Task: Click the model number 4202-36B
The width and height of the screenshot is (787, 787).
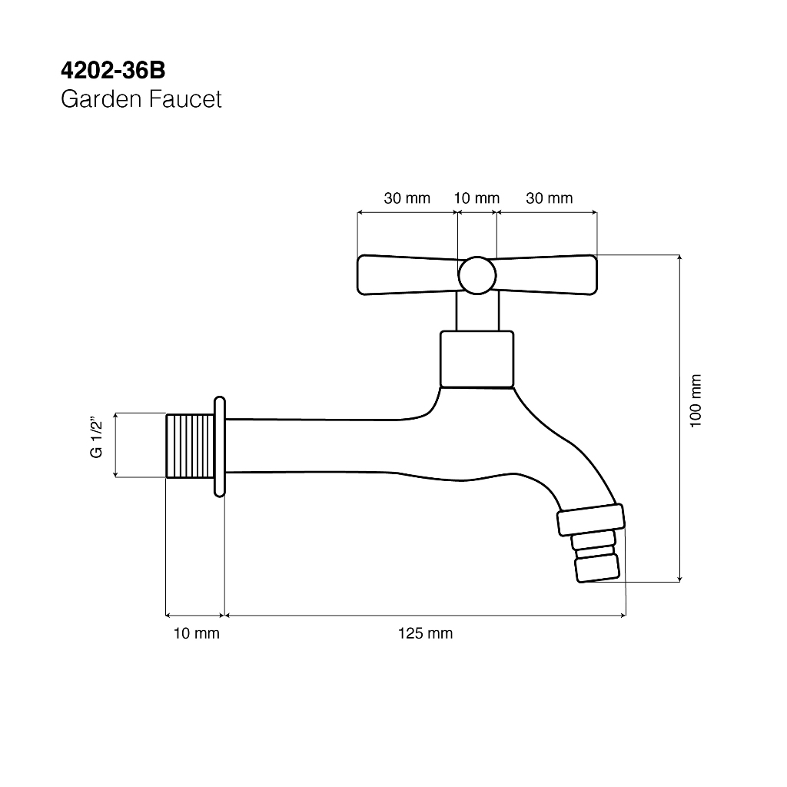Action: pos(113,71)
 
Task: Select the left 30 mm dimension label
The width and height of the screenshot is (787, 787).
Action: pos(407,198)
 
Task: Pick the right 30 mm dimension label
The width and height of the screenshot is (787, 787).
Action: pos(549,198)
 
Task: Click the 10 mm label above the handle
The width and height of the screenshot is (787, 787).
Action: pos(477,198)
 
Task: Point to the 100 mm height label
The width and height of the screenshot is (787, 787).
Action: pos(695,400)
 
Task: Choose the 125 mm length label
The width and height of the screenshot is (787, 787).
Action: pos(425,633)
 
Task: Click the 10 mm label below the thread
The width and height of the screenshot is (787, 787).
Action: pos(196,633)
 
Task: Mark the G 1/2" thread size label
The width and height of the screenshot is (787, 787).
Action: pos(96,437)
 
